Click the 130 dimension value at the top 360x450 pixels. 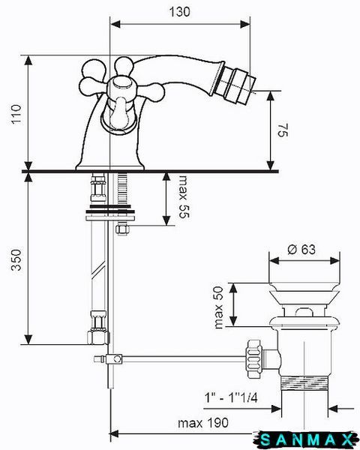click(179, 12)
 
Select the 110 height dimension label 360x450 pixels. click(16, 114)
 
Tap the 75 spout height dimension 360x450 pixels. click(283, 130)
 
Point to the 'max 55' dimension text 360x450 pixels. click(184, 196)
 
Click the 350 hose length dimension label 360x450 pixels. click(16, 259)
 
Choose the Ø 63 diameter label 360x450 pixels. click(301, 249)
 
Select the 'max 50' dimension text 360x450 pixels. click(219, 307)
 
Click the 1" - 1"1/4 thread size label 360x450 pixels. click(231, 397)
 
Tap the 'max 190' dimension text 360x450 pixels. click(203, 422)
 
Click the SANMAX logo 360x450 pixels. click(307, 439)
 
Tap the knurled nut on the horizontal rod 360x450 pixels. click(253, 358)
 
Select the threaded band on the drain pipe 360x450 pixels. click(304, 382)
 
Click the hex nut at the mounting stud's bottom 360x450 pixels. click(122, 229)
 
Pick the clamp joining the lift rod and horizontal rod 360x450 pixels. click(114, 358)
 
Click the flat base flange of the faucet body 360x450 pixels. click(109, 167)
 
